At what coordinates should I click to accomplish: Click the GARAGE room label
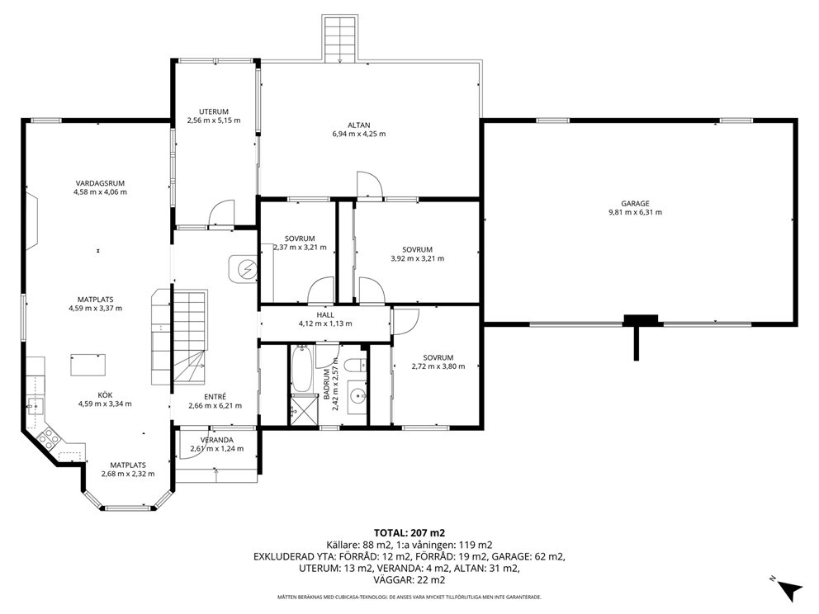coord(635,204)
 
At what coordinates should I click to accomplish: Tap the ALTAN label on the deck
coord(359,125)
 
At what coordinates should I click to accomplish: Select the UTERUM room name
coord(214,111)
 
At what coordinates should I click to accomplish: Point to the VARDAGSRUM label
coord(100,183)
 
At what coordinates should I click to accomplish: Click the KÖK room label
coord(105,395)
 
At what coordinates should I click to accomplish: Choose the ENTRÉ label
coord(215,397)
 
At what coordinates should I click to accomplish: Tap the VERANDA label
coord(217,440)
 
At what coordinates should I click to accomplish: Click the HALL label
coord(325,314)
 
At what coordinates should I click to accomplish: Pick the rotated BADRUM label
coord(327,385)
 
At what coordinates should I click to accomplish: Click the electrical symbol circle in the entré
coord(244,269)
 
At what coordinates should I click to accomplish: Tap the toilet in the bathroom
coord(357,363)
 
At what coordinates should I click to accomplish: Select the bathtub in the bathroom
coord(301,369)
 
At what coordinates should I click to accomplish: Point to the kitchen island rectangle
coord(88,365)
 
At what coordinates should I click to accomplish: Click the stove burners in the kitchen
coord(47,437)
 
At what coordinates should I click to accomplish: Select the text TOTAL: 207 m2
coord(409,533)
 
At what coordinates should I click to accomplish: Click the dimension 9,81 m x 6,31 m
coord(635,212)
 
